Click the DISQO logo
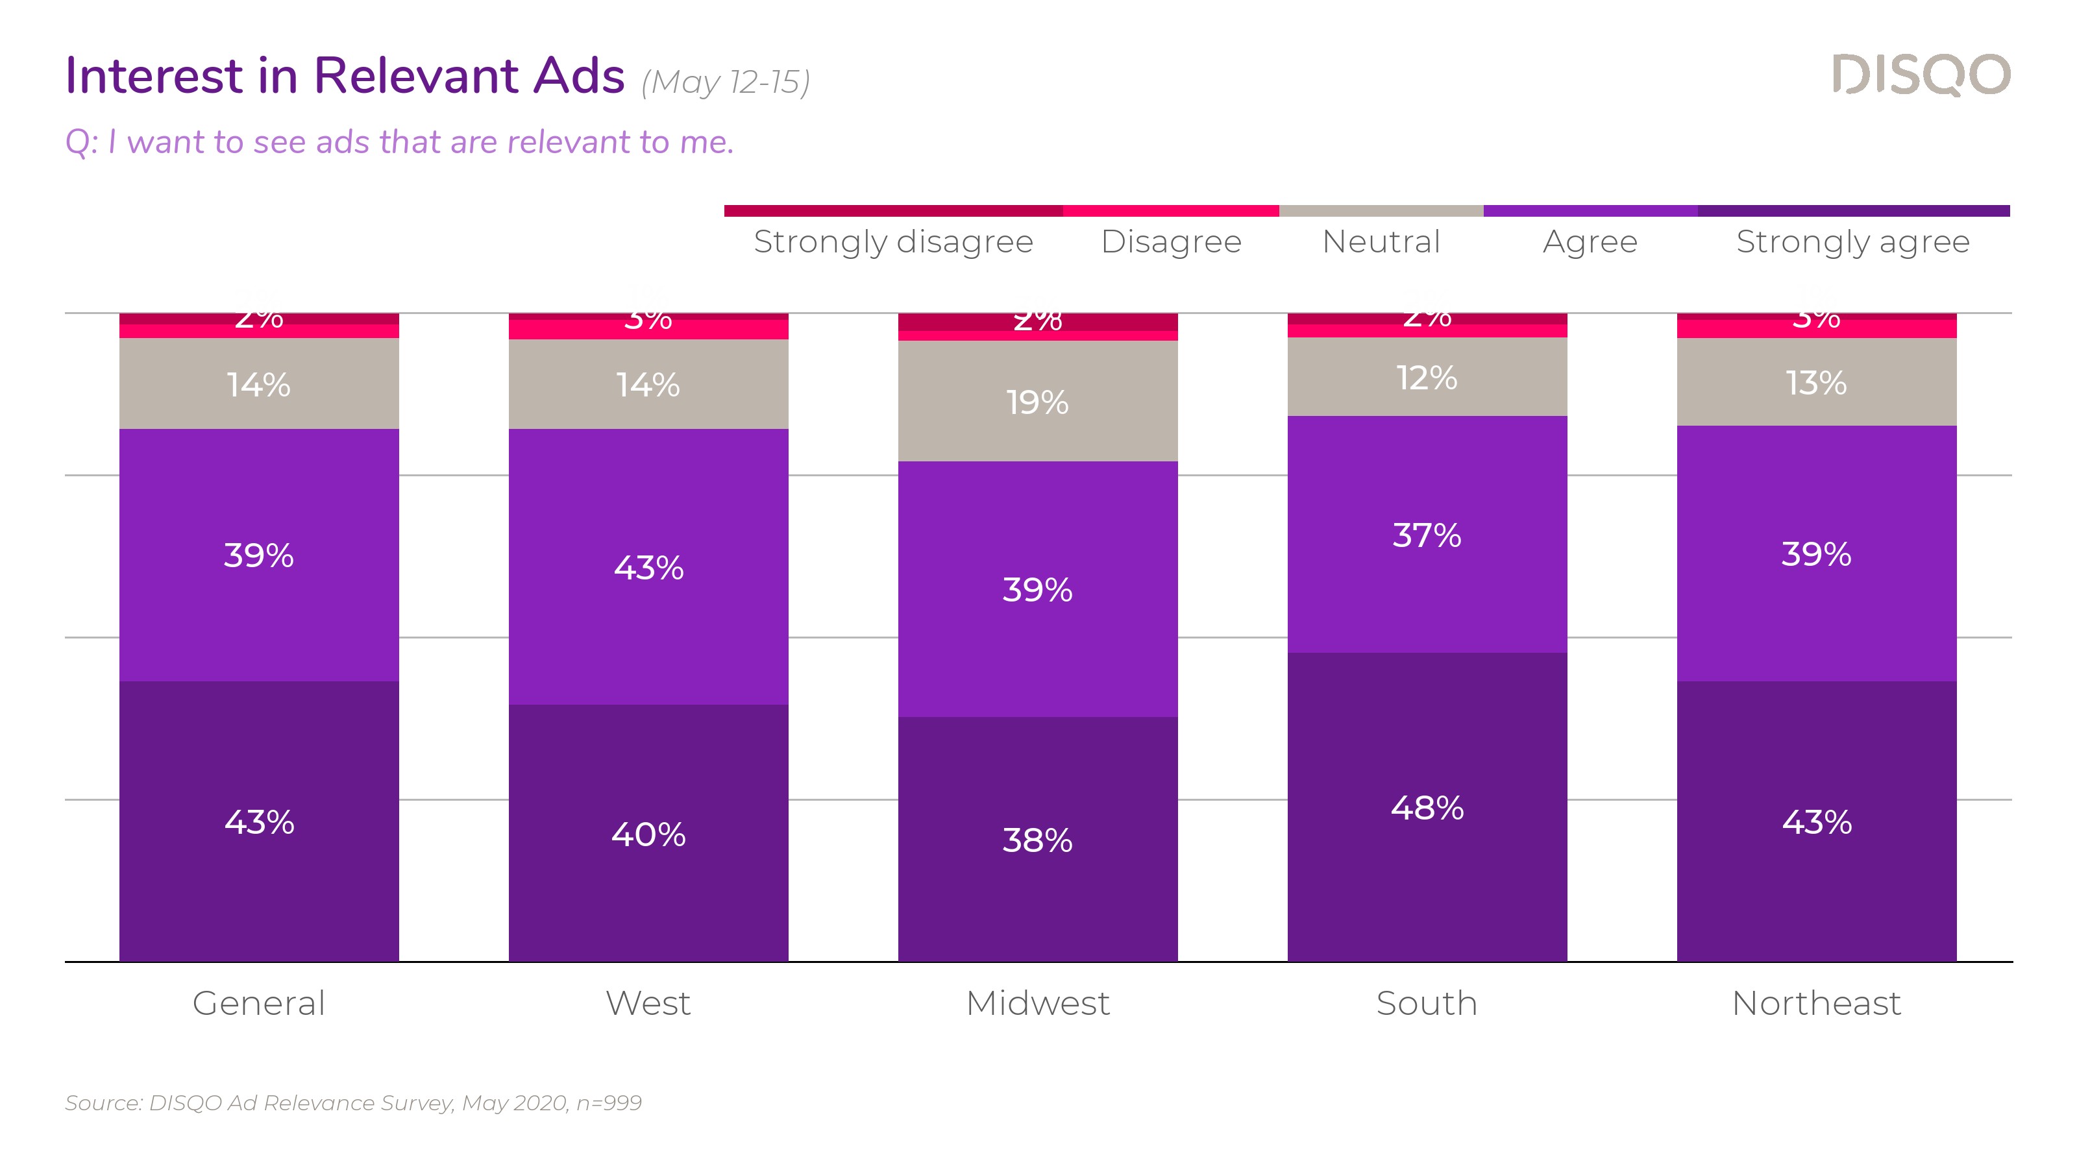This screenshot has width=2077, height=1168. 1921,75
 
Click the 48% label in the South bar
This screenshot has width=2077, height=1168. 1427,808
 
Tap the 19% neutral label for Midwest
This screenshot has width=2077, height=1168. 1038,402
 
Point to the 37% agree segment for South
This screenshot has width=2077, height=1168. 1427,535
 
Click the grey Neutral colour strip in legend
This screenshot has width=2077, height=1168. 1381,211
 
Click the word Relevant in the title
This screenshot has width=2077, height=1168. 416,76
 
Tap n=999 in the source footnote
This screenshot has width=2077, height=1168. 609,1102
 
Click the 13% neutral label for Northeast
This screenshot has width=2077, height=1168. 1817,383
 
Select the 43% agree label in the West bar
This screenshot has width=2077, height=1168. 648,568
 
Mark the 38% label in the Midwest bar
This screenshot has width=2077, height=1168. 1038,840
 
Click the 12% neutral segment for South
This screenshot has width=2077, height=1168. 1427,377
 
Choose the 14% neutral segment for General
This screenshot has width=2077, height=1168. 259,385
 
